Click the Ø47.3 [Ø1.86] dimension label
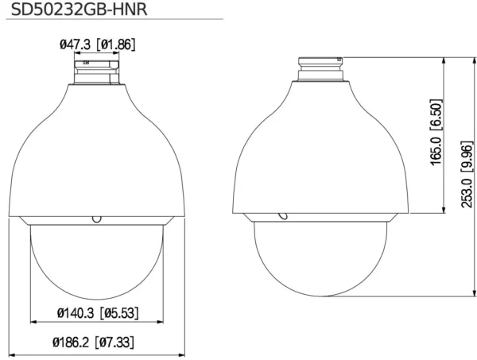pos(97,45)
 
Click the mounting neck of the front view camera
pos(97,72)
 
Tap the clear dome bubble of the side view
pos(322,258)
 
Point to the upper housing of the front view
pos(97,151)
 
